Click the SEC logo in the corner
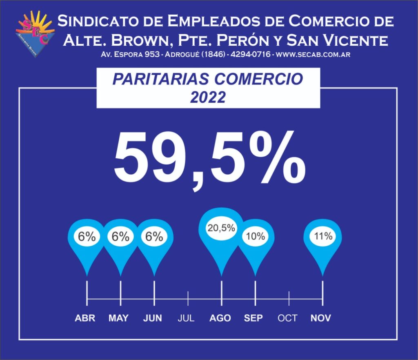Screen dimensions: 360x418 35,33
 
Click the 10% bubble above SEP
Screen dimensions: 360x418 256,236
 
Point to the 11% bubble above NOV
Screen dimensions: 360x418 323,236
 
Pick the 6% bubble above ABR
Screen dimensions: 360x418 87,237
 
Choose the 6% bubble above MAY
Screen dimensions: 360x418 121,237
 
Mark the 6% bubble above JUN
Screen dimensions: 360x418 154,237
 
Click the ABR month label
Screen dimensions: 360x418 85,318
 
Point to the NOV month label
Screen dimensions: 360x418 321,318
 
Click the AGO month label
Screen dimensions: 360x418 220,318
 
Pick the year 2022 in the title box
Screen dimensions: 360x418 208,97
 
